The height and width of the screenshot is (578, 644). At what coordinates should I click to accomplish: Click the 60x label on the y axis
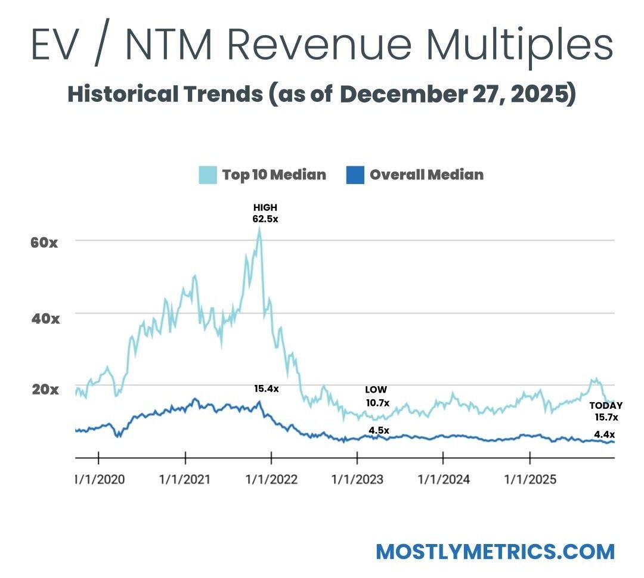click(45, 243)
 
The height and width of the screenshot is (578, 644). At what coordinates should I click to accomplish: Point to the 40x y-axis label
click(45, 318)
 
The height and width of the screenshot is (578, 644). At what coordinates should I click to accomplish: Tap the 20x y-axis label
click(45, 390)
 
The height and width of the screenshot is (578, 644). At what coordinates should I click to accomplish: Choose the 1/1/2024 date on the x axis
click(444, 479)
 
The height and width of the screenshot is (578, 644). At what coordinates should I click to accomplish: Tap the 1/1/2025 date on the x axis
click(530, 479)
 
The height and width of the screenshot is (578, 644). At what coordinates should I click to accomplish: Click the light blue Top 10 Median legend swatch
click(208, 175)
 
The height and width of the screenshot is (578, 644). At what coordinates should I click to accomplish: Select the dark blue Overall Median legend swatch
click(355, 175)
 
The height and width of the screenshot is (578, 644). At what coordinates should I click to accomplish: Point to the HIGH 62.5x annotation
click(265, 213)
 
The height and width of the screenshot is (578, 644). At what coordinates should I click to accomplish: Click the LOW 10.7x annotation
click(376, 396)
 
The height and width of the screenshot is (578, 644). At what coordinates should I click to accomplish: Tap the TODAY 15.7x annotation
click(606, 411)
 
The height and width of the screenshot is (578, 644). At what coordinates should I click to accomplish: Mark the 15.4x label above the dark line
click(266, 389)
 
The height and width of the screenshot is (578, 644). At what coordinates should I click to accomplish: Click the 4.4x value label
click(605, 434)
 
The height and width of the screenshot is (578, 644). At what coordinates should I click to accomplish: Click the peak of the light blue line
click(259, 229)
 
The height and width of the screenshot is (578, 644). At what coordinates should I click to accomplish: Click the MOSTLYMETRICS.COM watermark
click(495, 551)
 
